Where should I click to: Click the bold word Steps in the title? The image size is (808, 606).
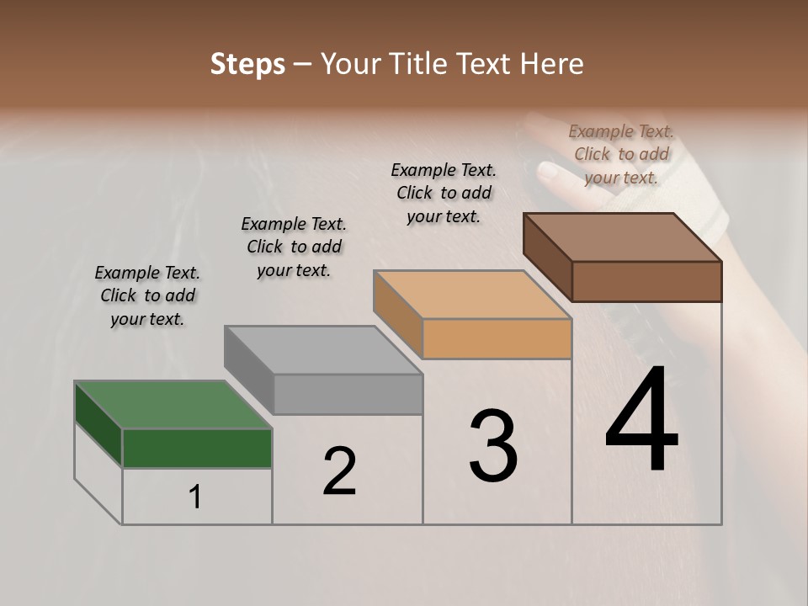click(x=247, y=64)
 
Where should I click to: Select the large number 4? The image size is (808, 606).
click(x=641, y=420)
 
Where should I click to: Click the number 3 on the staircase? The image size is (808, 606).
click(x=492, y=446)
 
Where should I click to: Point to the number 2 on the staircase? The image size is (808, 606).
click(x=339, y=471)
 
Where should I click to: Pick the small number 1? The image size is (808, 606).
click(x=195, y=497)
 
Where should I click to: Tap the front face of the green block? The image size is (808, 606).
click(x=197, y=448)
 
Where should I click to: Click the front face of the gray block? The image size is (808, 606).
click(x=348, y=394)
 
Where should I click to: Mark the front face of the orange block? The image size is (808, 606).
click(x=497, y=338)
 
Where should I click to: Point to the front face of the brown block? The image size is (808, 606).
click(x=646, y=281)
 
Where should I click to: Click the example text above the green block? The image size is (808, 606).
click(x=147, y=295)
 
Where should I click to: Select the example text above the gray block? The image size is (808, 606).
click(x=294, y=247)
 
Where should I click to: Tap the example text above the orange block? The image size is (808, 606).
click(x=444, y=193)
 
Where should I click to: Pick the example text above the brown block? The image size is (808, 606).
click(x=621, y=154)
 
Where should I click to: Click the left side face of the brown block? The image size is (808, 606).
click(x=548, y=256)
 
